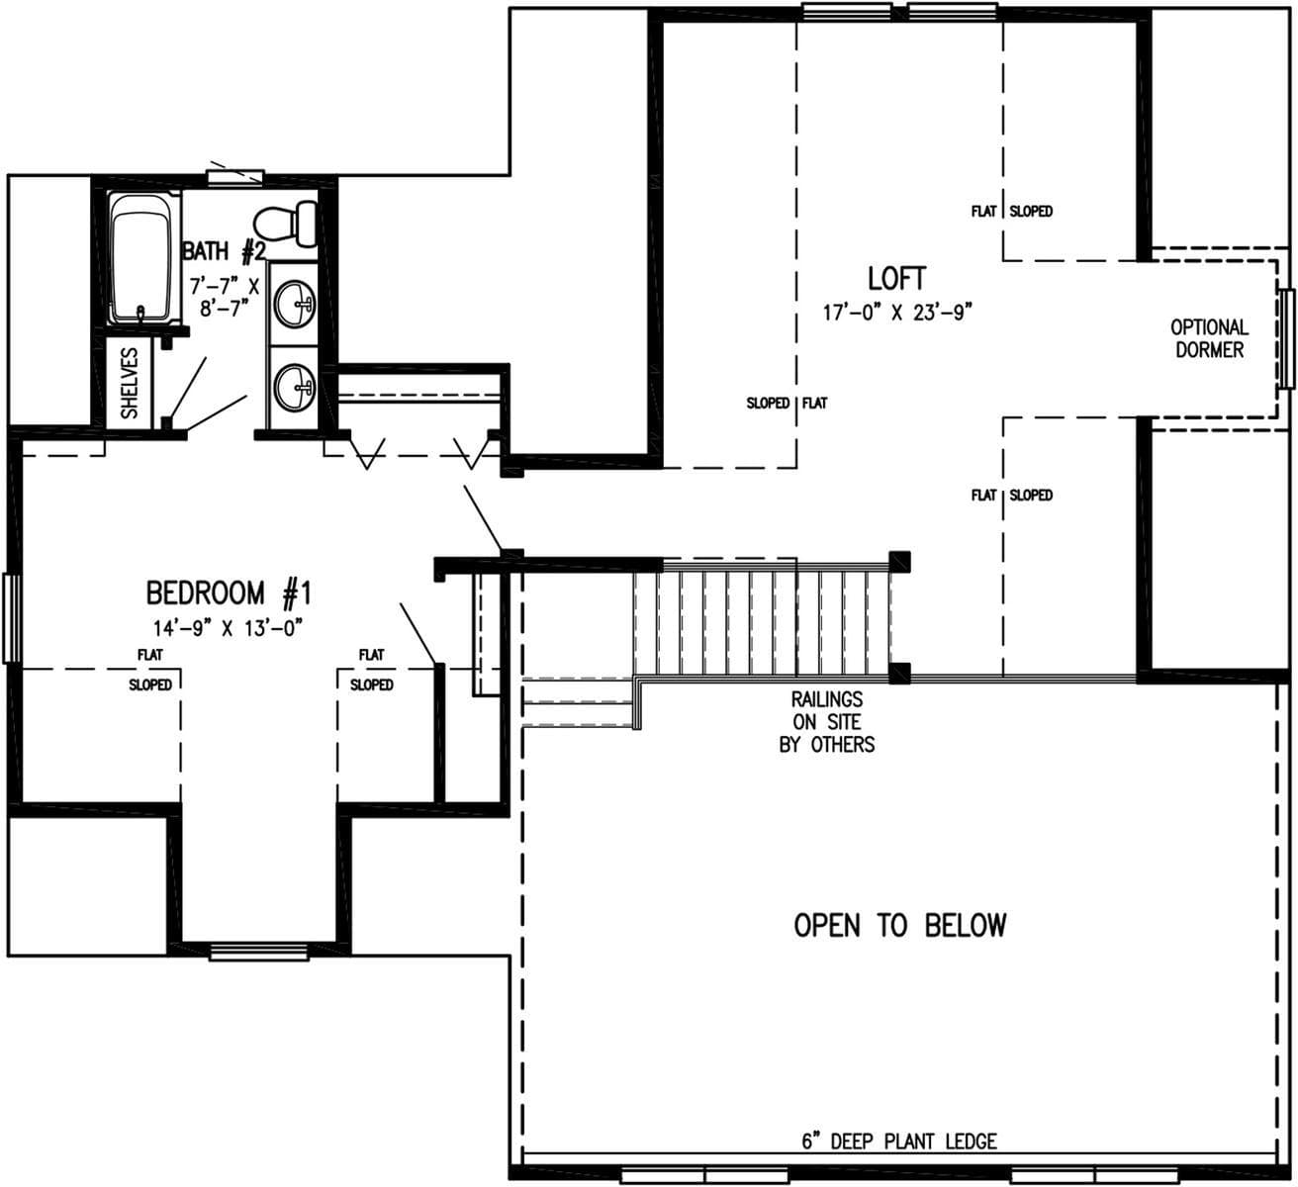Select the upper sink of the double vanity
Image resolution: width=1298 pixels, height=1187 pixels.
pyautogui.click(x=294, y=303)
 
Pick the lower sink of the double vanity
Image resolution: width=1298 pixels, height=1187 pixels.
pyautogui.click(x=294, y=386)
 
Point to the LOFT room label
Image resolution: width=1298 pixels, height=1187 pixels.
pyautogui.click(x=897, y=280)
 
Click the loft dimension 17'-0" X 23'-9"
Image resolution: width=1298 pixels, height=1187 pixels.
pyautogui.click(x=898, y=313)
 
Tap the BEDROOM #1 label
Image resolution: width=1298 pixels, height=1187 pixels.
pyautogui.click(x=229, y=593)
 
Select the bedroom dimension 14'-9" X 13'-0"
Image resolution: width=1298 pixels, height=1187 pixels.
pyautogui.click(x=227, y=627)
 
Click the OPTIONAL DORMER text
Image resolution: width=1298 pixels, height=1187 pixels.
pyautogui.click(x=1209, y=338)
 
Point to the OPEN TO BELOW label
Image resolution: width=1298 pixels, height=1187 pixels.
pyautogui.click(x=899, y=926)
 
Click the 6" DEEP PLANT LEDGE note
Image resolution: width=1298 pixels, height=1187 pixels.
pyautogui.click(x=898, y=1141)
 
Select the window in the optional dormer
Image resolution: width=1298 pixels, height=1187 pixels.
pyautogui.click(x=1285, y=338)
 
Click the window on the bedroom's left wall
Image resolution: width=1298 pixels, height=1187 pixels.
pyautogui.click(x=11, y=617)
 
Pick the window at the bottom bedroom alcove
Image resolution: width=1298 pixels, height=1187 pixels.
pyautogui.click(x=259, y=952)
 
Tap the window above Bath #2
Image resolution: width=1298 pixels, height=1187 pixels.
pyautogui.click(x=234, y=177)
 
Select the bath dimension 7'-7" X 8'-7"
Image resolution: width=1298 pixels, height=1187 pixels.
pyautogui.click(x=224, y=297)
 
